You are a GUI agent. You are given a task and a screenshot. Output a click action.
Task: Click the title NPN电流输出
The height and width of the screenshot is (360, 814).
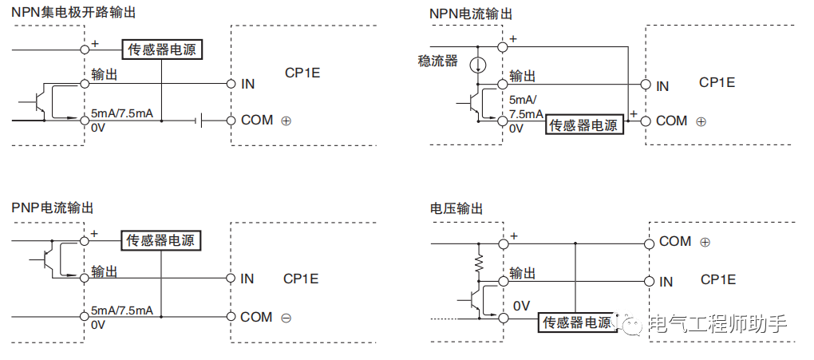click(x=470, y=14)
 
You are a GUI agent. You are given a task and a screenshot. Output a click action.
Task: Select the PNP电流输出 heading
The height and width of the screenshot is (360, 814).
click(x=53, y=208)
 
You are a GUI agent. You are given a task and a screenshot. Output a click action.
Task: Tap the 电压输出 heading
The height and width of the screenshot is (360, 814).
click(x=456, y=208)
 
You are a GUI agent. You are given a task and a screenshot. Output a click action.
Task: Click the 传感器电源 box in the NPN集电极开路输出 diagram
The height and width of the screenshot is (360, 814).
click(x=162, y=49)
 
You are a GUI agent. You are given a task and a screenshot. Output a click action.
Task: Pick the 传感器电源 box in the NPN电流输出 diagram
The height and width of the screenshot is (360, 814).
click(x=583, y=125)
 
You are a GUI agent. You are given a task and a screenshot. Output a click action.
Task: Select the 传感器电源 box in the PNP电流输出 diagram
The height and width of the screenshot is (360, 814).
click(x=161, y=239)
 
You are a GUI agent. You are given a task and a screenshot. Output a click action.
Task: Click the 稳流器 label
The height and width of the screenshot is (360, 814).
click(x=437, y=61)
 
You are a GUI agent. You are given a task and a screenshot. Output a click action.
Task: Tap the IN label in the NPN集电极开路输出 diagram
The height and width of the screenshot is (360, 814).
click(x=247, y=83)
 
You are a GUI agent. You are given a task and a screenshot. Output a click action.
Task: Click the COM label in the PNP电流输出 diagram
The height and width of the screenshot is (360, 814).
click(x=256, y=317)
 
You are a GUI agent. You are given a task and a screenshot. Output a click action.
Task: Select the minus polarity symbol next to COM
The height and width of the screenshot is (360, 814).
click(x=286, y=318)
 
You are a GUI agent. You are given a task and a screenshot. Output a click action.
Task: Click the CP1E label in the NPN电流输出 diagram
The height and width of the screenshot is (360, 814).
click(x=717, y=82)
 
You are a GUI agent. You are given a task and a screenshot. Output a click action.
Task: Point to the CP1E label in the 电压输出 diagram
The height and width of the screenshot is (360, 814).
click(x=718, y=279)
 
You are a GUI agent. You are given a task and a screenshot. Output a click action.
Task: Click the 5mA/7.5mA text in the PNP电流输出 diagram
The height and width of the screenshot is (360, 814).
click(x=122, y=311)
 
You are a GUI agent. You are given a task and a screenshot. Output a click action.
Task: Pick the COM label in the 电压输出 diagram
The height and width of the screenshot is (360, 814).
click(x=675, y=241)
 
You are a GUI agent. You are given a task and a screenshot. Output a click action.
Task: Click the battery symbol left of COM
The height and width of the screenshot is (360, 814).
click(x=200, y=121)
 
